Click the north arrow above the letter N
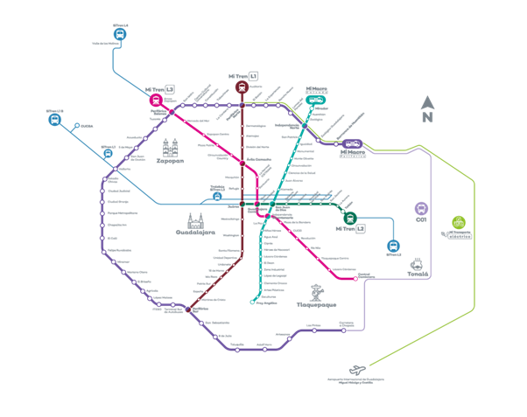(427, 102)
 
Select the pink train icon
(156, 100)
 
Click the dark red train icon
(242, 87)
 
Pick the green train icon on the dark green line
(350, 218)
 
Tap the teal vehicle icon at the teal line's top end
(315, 98)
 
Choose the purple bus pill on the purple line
(353, 144)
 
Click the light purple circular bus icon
(421, 209)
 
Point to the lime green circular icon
(457, 222)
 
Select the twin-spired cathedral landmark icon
(170, 149)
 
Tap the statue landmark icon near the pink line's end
(317, 292)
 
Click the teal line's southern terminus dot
(252, 302)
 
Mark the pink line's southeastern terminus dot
(358, 275)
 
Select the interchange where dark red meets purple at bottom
(187, 309)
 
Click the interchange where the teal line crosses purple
(304, 126)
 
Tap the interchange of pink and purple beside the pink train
(172, 112)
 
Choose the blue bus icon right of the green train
(393, 246)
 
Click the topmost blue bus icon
(120, 34)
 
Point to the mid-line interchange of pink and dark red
(242, 163)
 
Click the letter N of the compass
(427, 117)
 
